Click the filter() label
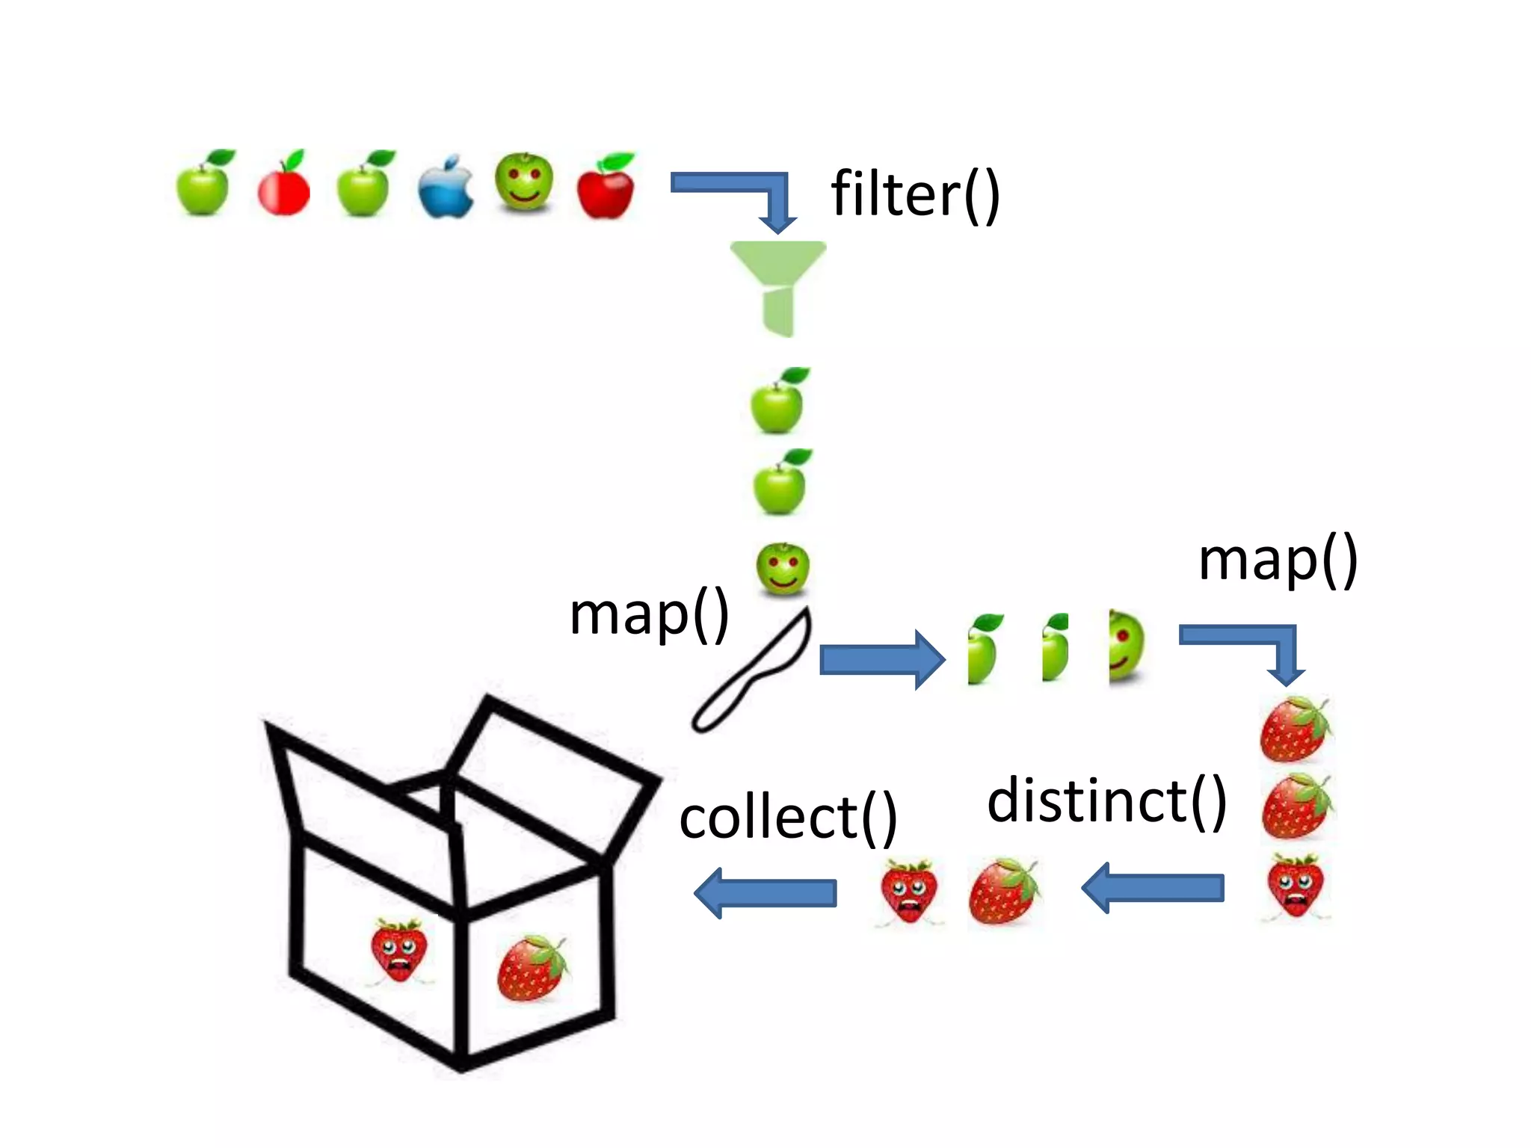(915, 194)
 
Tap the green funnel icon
(777, 284)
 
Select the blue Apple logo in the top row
(445, 188)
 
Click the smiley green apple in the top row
(524, 181)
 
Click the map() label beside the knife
(649, 614)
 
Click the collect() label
(788, 818)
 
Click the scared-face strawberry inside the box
(399, 949)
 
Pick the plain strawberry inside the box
(532, 968)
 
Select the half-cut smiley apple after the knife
(1126, 647)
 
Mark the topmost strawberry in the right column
(1296, 729)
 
